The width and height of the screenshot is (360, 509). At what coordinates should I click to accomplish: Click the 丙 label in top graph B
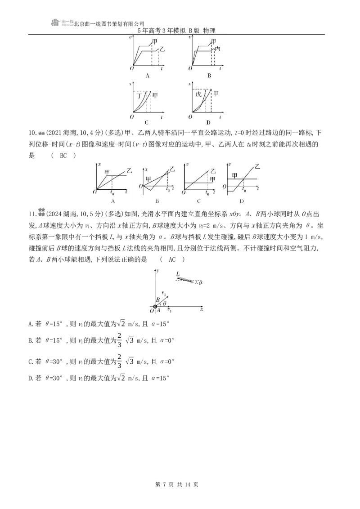click(218, 49)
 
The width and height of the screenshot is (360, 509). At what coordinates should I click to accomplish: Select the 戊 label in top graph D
click(198, 94)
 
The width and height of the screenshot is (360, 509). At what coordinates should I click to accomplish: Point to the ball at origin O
click(155, 307)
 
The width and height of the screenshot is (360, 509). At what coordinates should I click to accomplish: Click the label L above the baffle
click(178, 274)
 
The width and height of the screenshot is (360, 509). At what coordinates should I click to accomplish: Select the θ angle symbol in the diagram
click(164, 303)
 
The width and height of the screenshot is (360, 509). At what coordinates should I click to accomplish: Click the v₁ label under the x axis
click(169, 310)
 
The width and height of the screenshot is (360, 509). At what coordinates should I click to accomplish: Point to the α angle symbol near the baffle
click(201, 282)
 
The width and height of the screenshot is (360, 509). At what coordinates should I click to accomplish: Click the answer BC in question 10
click(63, 156)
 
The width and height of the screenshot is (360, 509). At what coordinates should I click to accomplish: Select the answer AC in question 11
click(172, 259)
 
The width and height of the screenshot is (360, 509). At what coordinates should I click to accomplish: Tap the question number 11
click(32, 214)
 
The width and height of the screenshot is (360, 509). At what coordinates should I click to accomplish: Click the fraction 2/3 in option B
click(119, 340)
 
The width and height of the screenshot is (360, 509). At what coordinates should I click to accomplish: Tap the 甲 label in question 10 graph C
click(212, 179)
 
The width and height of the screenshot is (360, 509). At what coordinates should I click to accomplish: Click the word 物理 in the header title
click(209, 31)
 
